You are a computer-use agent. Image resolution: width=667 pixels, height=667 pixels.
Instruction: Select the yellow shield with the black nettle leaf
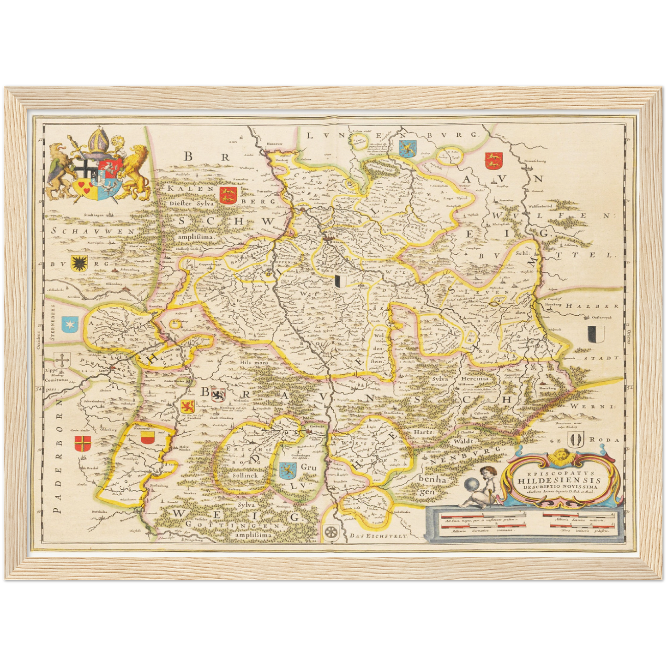click(x=76, y=262)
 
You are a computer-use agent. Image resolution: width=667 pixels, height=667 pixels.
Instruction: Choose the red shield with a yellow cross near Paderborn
click(x=83, y=444)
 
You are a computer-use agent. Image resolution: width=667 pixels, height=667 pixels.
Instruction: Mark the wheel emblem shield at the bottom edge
click(x=330, y=532)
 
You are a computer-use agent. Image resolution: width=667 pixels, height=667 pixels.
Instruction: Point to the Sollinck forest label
click(x=246, y=475)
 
